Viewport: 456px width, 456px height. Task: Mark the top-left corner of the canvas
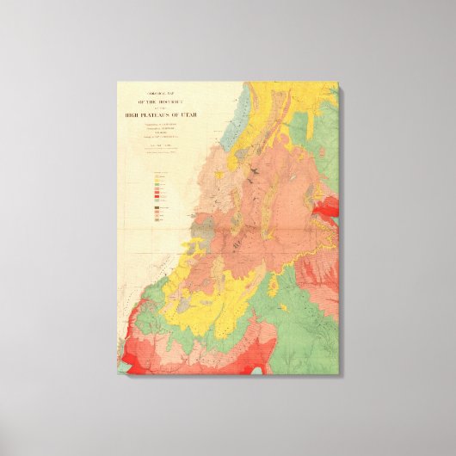click(118, 82)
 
